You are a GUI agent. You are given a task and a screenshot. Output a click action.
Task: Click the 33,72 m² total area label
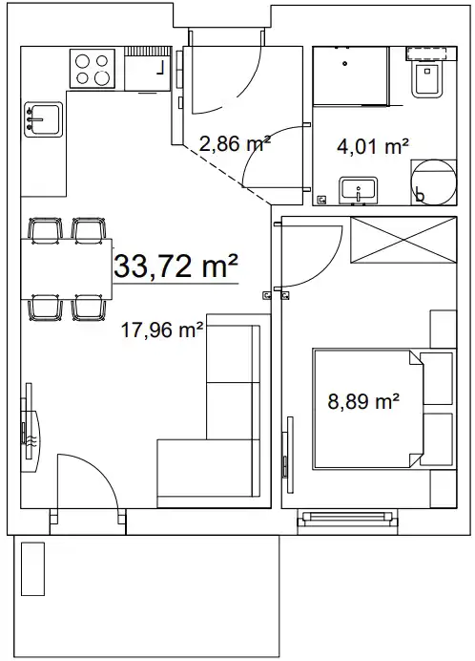pos(176,266)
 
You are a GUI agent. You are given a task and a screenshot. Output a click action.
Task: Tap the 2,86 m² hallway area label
pos(235,144)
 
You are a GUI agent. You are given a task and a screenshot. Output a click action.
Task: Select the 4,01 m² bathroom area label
pos(373,147)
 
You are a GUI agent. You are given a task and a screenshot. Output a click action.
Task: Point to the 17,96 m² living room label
pos(162,330)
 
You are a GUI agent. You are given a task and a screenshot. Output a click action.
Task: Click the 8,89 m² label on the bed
pos(363,401)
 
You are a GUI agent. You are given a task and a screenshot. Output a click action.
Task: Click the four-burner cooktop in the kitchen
pos(93,68)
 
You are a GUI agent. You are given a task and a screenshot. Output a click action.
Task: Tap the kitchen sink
pos(43,119)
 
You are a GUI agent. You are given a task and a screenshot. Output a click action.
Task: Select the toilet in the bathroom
pos(427,79)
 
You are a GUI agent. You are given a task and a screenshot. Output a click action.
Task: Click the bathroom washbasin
pos(358,189)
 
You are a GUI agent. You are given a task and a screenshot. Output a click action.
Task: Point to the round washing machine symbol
pos(433,182)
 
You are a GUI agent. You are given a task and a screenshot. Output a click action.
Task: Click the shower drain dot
pos(345,64)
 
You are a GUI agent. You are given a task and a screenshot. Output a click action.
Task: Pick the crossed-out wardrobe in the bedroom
pos(403,241)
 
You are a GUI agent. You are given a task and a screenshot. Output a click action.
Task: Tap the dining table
pos(67,269)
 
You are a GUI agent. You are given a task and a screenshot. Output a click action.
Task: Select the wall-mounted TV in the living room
pos(31,427)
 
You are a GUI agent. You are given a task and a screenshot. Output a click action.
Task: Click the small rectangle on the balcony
pos(32,568)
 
